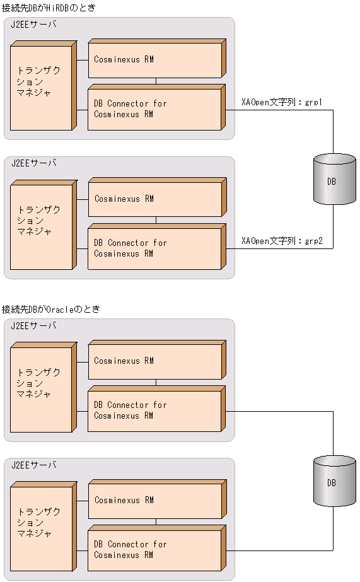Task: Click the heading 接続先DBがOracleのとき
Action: click(51, 309)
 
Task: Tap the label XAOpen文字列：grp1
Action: click(282, 102)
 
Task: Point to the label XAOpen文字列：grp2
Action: click(282, 241)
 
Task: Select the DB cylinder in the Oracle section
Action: click(331, 482)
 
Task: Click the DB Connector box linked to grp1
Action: click(154, 109)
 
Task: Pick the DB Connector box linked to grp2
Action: click(154, 248)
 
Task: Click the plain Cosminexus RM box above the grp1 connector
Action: click(154, 60)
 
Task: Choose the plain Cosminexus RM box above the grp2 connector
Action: click(154, 199)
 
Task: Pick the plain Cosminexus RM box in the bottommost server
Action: click(154, 501)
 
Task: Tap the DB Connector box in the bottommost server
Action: click(154, 550)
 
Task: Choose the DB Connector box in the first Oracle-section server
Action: click(154, 410)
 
